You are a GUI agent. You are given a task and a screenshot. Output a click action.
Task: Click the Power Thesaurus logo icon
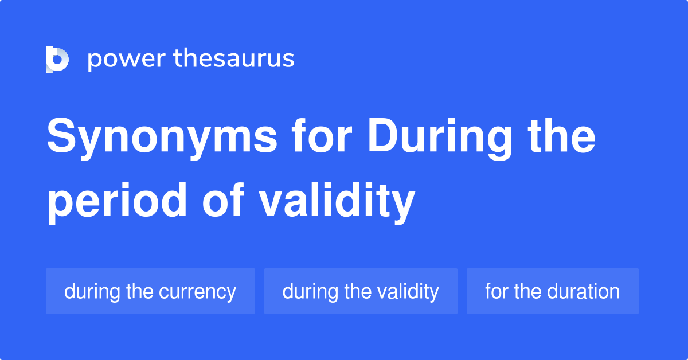tap(57, 59)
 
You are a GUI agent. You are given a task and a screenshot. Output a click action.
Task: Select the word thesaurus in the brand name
tap(234, 59)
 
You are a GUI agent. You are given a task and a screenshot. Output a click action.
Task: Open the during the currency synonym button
tap(150, 291)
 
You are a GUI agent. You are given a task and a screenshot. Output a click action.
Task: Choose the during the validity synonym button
tap(361, 291)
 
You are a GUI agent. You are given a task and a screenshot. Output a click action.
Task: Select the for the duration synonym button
tap(552, 291)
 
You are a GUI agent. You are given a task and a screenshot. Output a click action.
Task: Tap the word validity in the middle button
tap(408, 291)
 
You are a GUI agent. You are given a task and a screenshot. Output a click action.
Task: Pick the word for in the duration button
tap(497, 291)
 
